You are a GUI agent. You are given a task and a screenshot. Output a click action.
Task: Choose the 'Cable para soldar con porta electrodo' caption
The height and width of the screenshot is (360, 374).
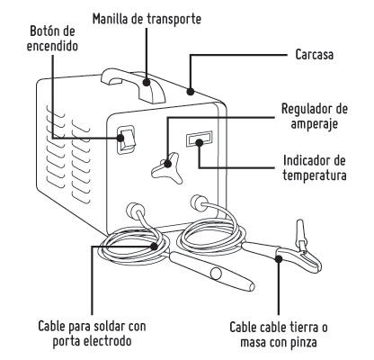tap(93, 332)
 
